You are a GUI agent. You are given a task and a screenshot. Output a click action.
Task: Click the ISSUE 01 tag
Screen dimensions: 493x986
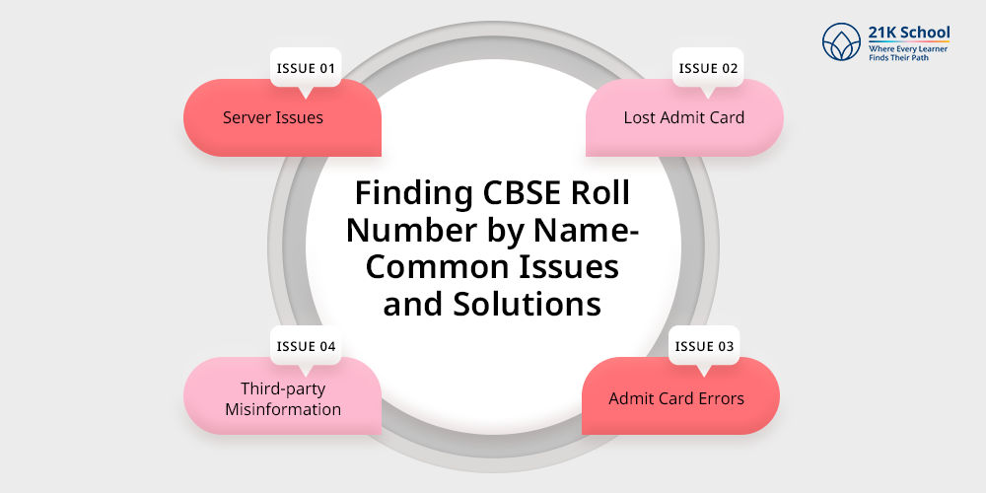click(306, 68)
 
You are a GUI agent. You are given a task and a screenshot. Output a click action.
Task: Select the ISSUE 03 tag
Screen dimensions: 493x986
click(706, 346)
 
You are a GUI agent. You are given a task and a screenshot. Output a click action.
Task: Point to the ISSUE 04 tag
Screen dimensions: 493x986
click(306, 346)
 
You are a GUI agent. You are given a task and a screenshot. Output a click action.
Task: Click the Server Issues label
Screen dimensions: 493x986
click(273, 117)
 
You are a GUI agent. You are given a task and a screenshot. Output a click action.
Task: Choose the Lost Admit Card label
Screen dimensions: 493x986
click(683, 117)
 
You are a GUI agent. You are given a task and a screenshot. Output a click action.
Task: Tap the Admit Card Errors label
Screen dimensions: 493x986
click(675, 399)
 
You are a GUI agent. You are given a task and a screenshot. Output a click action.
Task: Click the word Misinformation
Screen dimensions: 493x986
click(283, 409)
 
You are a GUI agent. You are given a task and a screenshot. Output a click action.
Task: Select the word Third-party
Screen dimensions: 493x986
click(283, 388)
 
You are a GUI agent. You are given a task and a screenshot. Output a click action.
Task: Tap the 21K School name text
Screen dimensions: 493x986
click(909, 33)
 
